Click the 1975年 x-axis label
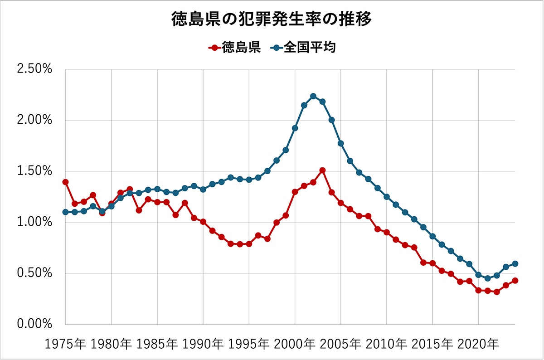coord(65,343)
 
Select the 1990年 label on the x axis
coord(203,343)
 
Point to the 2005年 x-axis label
coord(340,343)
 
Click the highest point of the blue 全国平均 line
coord(313,96)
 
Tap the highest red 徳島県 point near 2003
coord(322,170)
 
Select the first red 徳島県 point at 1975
coord(65,182)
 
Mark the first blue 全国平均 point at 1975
coord(65,212)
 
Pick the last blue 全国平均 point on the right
coord(515,263)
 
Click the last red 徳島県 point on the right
coord(515,281)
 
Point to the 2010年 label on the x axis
coord(386,343)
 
